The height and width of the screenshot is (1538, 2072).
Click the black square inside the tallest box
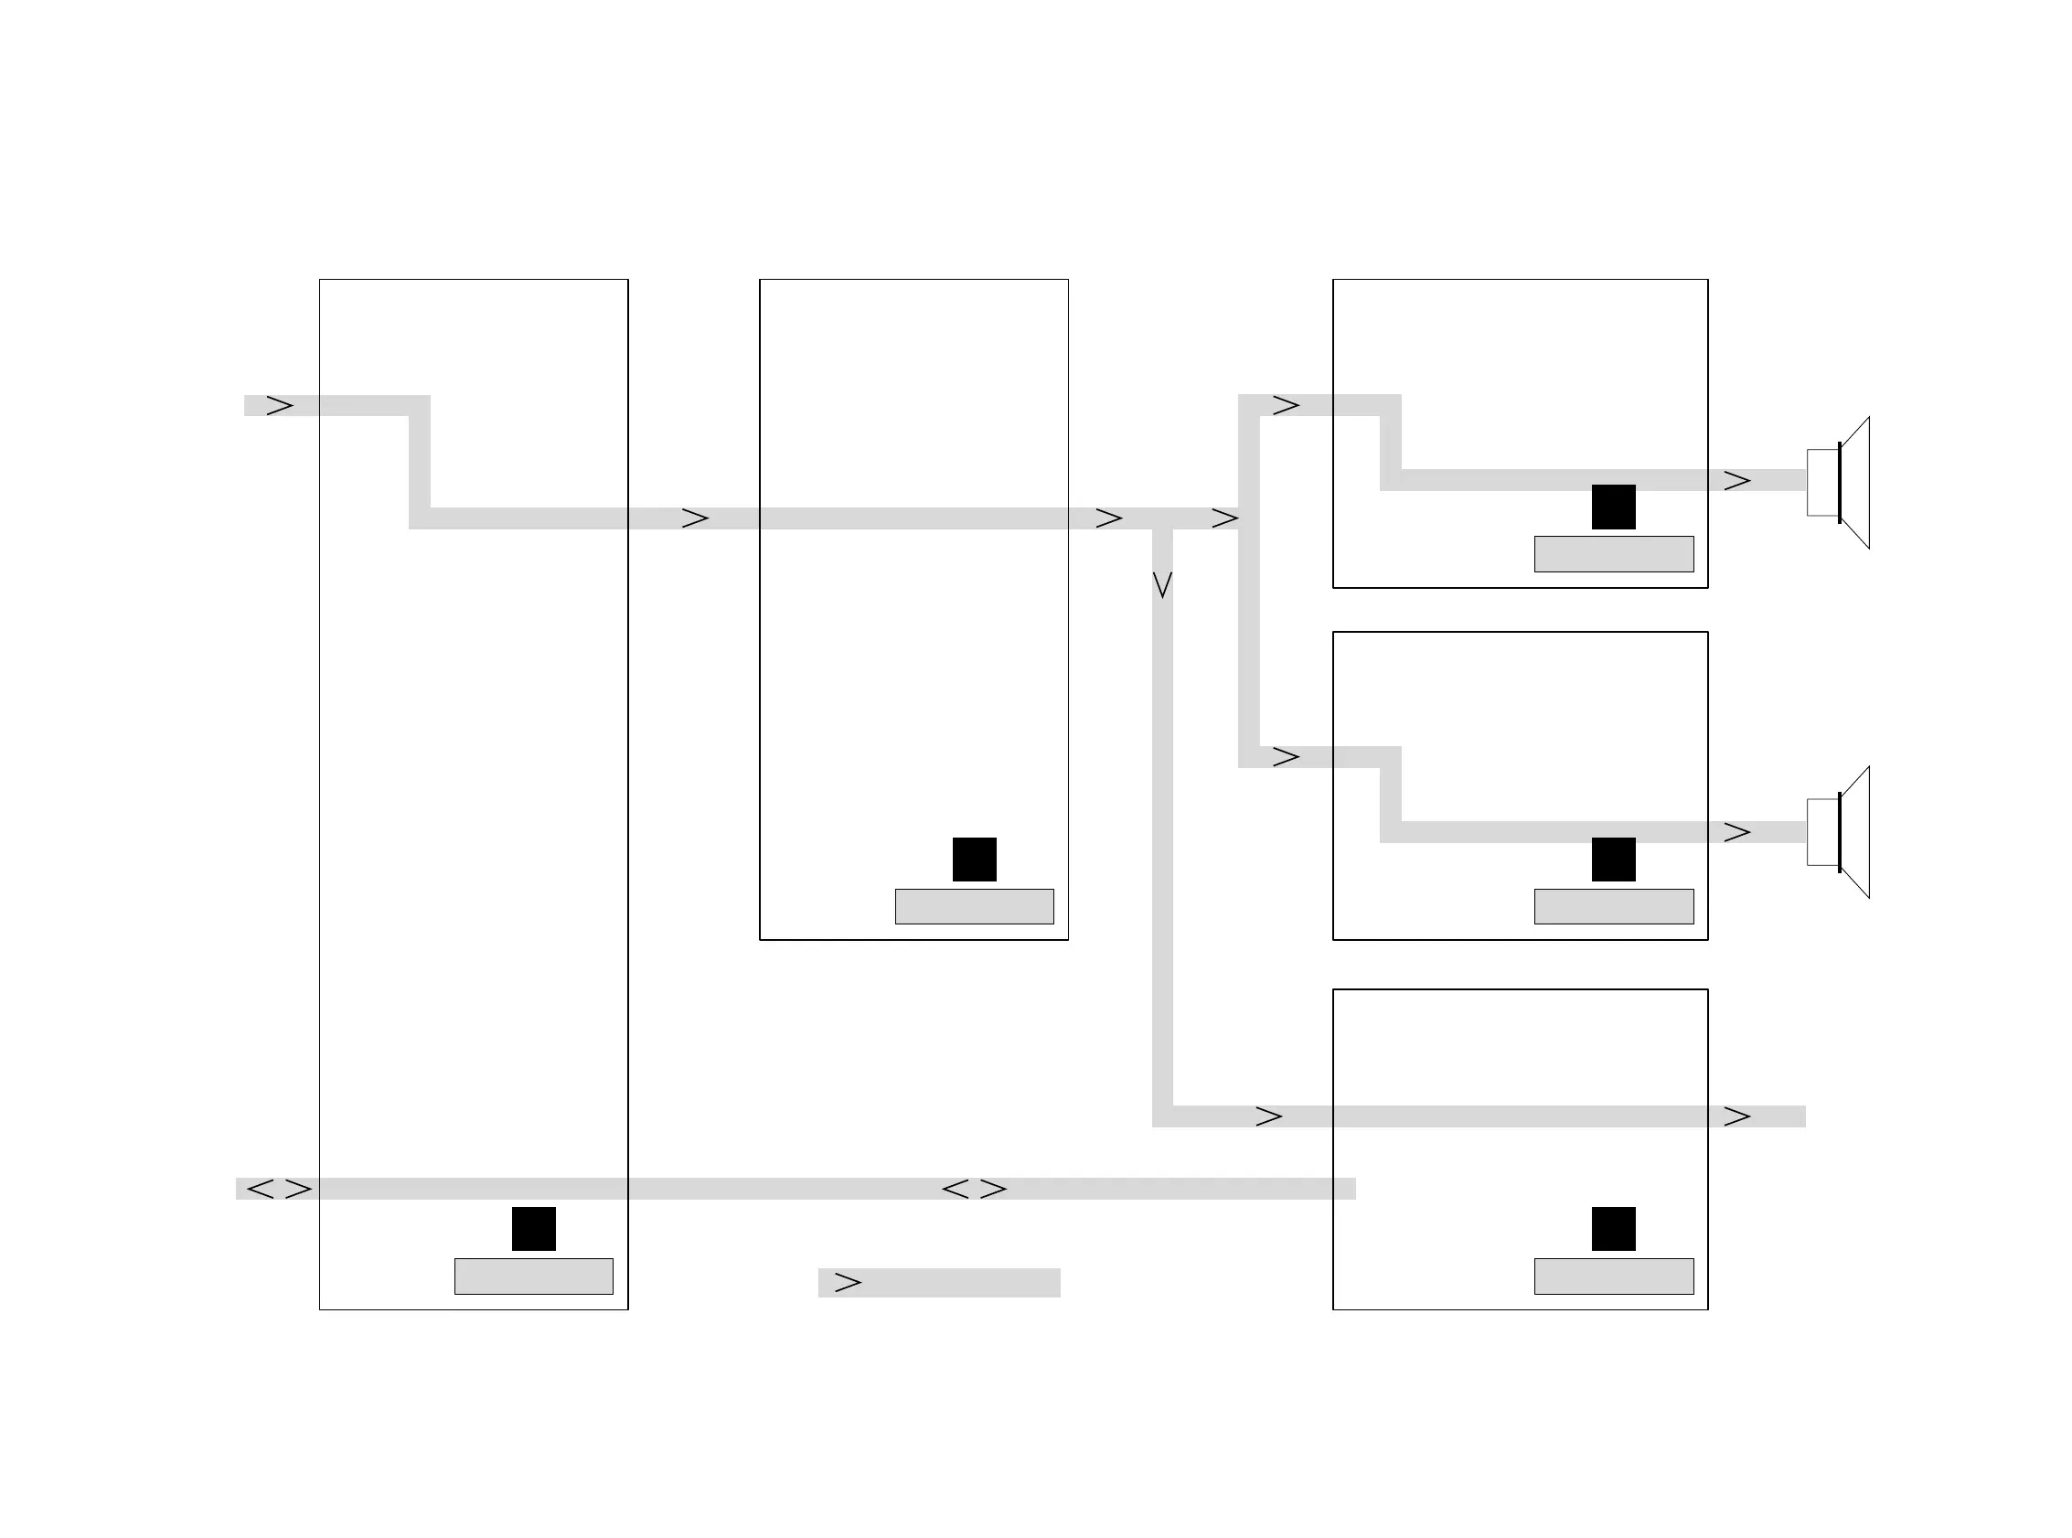(533, 1228)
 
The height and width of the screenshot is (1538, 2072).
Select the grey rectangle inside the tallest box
(533, 1276)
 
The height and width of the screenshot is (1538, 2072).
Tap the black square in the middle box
(974, 859)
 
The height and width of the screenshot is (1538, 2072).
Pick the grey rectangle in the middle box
(974, 906)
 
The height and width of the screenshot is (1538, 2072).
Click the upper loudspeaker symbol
(1838, 482)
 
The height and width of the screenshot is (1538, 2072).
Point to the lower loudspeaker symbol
(1838, 831)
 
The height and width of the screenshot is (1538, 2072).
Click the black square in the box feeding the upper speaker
(1613, 507)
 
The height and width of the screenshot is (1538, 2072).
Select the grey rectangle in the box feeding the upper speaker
(1613, 554)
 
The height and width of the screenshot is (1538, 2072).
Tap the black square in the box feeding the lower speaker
(1613, 859)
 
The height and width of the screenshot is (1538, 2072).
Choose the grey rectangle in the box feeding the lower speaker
(1613, 906)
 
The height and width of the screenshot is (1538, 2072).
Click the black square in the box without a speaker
(1613, 1228)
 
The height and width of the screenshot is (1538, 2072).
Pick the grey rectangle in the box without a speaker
(1613, 1276)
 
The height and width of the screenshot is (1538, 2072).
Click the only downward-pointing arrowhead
(1161, 584)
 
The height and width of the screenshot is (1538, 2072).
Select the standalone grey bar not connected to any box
(938, 1282)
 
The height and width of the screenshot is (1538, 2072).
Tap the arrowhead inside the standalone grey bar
(848, 1282)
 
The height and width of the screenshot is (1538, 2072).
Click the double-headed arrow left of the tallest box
(278, 1189)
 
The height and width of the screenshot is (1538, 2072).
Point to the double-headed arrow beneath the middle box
(974, 1189)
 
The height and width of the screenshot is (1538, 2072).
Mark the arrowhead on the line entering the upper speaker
(1737, 480)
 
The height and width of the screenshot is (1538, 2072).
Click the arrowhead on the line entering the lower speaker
(1737, 831)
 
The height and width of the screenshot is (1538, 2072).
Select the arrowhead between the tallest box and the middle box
(695, 518)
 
